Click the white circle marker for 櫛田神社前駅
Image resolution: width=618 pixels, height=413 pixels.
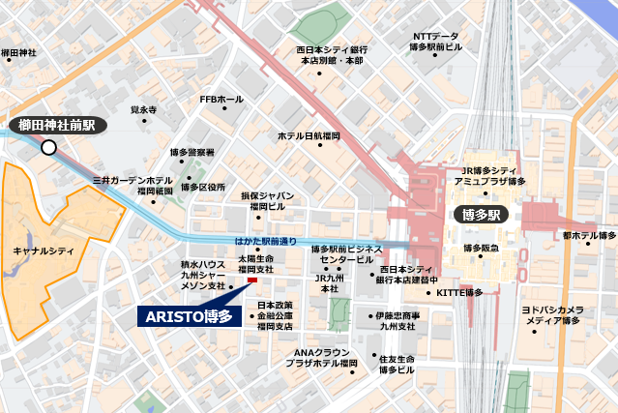click(48, 147)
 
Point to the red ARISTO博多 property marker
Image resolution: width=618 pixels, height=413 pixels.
click(252, 281)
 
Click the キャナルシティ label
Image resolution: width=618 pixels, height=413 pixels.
click(44, 251)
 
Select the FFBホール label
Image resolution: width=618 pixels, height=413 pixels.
click(221, 99)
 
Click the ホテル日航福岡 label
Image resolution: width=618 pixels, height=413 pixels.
click(309, 136)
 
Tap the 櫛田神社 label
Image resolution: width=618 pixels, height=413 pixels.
click(18, 53)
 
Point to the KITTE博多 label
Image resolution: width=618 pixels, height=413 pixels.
click(459, 292)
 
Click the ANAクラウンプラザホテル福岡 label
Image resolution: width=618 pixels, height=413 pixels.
click(321, 357)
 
